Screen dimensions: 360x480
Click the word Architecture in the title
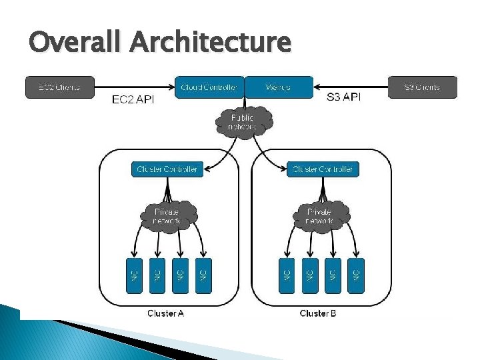pos(210,43)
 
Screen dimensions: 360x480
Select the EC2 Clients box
pos(60,87)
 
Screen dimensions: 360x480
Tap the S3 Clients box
pos(423,87)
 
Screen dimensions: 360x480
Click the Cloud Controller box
pos(209,87)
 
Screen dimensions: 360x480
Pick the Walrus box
pos(278,87)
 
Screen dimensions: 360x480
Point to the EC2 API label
pos(133,100)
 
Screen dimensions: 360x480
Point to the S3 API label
pos(345,98)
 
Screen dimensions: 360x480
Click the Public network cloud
pos(243,122)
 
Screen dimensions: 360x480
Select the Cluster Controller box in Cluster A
pos(167,169)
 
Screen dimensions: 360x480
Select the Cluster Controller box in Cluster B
pos(323,169)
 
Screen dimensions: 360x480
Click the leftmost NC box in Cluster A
pos(134,275)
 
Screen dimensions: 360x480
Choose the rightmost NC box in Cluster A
pos(203,275)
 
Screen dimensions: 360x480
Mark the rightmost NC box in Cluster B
pos(356,275)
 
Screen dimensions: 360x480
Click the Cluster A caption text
pos(165,313)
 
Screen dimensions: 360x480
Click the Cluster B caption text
pos(319,313)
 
